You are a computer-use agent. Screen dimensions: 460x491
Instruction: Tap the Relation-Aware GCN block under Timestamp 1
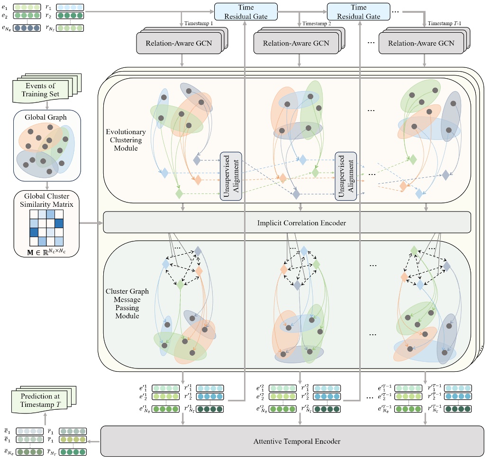pyautogui.click(x=181, y=44)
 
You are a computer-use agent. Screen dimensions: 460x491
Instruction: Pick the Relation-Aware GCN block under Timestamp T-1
pyautogui.click(x=421, y=44)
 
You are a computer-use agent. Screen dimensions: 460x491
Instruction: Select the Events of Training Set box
pyautogui.click(x=41, y=89)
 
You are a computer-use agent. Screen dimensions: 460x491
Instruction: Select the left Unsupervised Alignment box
pyautogui.click(x=231, y=176)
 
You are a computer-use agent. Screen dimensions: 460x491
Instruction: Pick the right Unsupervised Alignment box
pyautogui.click(x=346, y=176)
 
